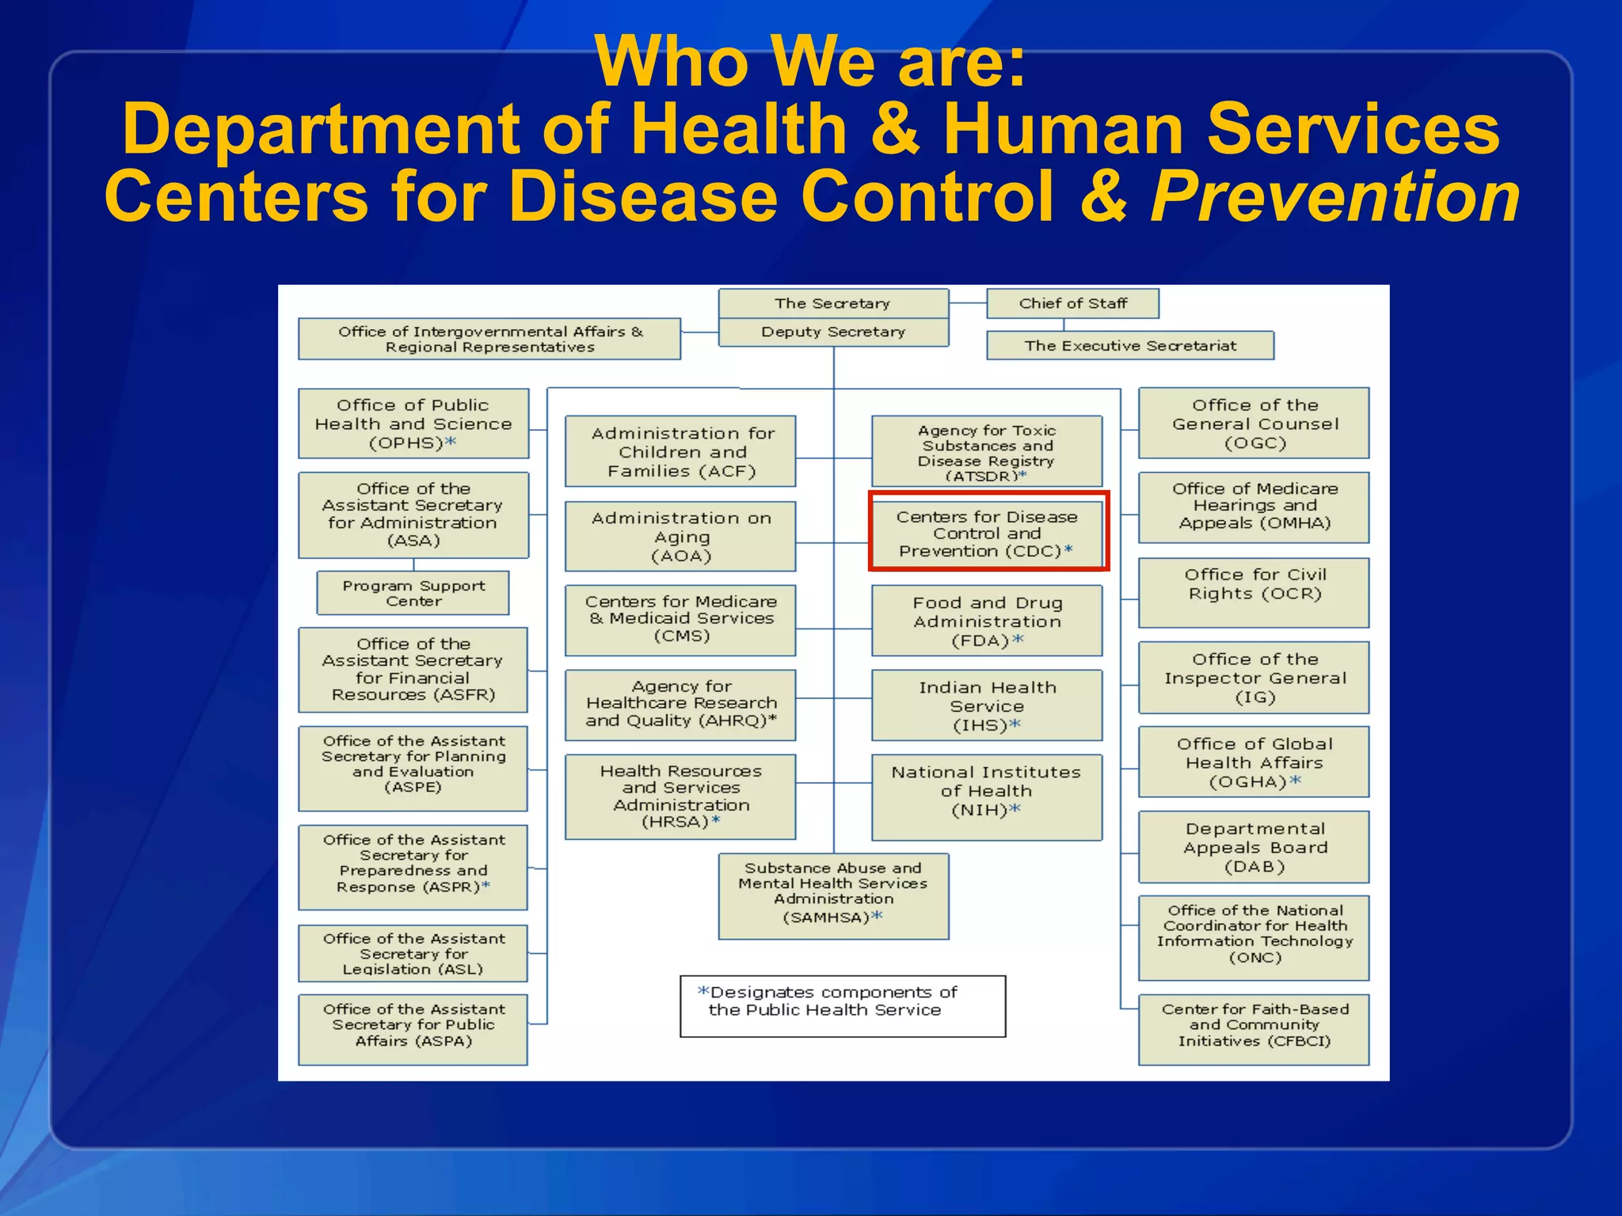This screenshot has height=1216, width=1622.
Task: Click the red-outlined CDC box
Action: (x=988, y=532)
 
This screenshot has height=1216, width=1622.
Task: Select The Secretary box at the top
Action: (x=832, y=303)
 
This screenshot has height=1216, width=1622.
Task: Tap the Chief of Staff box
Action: (x=1072, y=303)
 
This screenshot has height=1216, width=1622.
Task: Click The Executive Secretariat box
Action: (x=1129, y=346)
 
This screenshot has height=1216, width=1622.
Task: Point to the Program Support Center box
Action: (x=413, y=593)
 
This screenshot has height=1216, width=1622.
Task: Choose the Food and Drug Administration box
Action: (x=987, y=621)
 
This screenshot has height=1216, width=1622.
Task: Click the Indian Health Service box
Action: (x=987, y=706)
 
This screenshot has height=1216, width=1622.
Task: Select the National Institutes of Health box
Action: (x=987, y=791)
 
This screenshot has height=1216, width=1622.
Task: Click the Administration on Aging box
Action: (x=680, y=537)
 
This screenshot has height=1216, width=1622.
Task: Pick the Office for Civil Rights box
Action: (x=1254, y=592)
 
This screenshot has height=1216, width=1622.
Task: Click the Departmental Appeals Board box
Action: (x=1254, y=847)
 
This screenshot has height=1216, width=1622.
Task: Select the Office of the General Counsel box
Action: (x=1254, y=424)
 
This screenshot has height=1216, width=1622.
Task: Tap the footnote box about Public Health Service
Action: (x=842, y=1005)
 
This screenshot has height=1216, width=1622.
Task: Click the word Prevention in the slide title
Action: (x=1335, y=198)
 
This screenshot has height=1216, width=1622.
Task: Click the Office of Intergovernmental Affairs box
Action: (x=489, y=340)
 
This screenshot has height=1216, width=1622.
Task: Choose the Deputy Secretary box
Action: (x=832, y=332)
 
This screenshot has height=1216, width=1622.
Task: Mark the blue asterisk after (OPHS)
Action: (x=451, y=443)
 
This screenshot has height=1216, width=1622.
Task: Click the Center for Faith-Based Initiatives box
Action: (x=1254, y=1028)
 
